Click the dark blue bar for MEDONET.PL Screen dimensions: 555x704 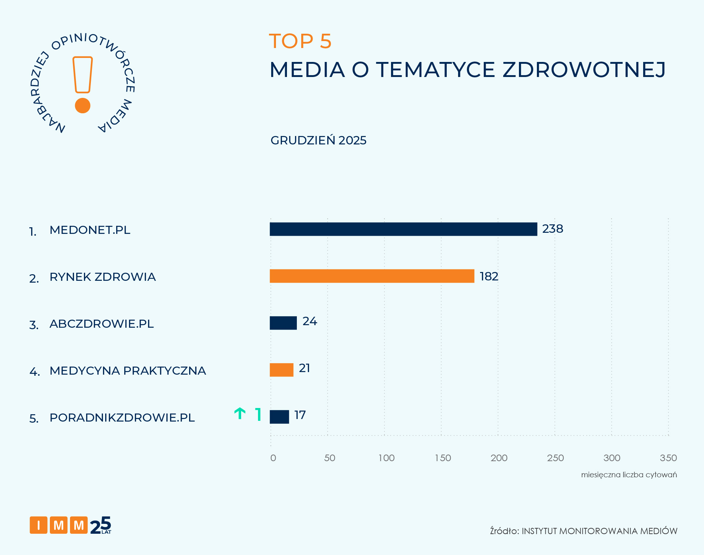click(x=403, y=229)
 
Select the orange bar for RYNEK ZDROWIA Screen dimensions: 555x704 click(x=372, y=276)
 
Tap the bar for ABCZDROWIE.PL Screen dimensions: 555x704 click(x=283, y=323)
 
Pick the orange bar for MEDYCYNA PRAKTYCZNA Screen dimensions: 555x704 click(x=281, y=370)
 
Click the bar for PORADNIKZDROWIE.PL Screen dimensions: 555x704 click(x=279, y=417)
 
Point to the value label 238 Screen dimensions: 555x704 click(x=552, y=229)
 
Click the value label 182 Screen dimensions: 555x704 click(x=489, y=276)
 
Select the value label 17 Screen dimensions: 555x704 click(x=300, y=415)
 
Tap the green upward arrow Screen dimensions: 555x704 click(x=240, y=414)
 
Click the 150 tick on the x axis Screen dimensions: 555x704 click(x=443, y=458)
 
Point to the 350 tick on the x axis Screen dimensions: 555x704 click(x=668, y=458)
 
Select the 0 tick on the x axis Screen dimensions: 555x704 click(x=273, y=458)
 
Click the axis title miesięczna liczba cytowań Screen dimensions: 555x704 click(x=629, y=475)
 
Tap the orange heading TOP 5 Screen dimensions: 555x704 click(x=300, y=41)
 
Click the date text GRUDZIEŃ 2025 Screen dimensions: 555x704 click(x=318, y=140)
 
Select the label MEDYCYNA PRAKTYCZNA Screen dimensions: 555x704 click(x=128, y=371)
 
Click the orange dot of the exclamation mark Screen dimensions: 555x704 click(x=82, y=106)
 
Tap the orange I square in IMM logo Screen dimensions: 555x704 click(x=38, y=525)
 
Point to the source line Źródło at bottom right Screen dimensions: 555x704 click(x=583, y=531)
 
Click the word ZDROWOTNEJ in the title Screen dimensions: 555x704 click(x=584, y=70)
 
